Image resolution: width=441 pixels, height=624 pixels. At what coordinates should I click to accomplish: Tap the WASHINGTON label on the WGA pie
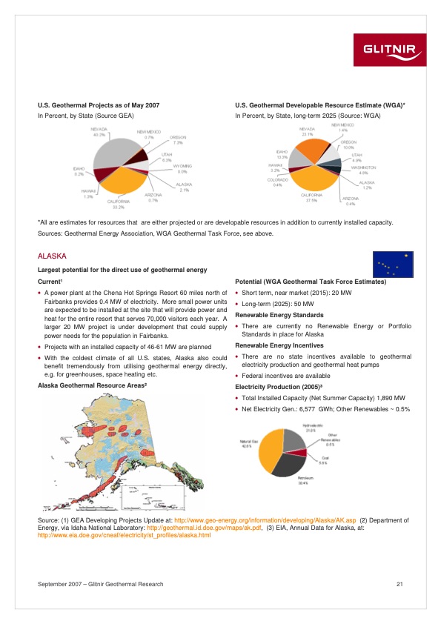tap(363, 168)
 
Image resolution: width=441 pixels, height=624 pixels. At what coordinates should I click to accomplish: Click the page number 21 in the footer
tap(399, 585)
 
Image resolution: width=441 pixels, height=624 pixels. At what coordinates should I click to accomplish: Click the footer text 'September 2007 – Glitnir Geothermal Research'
tap(100, 585)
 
